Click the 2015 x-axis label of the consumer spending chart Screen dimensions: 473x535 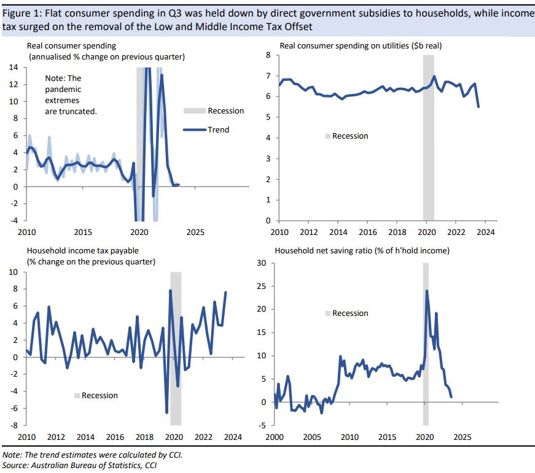(83, 233)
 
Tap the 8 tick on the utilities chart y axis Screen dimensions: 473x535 (268, 55)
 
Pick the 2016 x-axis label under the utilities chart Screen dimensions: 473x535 (367, 233)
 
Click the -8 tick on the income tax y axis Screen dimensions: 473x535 (13, 425)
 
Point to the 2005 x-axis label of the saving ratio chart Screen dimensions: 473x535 (311, 437)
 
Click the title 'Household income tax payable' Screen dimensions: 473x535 (82, 251)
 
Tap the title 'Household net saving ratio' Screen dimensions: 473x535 (362, 251)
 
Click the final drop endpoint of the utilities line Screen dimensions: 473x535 (478, 107)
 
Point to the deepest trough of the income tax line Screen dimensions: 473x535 (166, 412)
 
